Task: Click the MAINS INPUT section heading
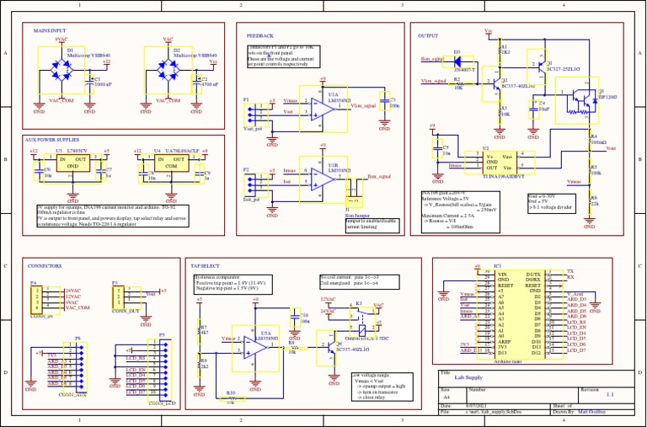click(x=50, y=29)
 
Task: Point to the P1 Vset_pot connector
click(x=253, y=111)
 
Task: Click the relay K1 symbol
click(x=360, y=317)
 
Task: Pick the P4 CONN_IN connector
click(x=36, y=299)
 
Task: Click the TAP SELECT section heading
click(x=206, y=265)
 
